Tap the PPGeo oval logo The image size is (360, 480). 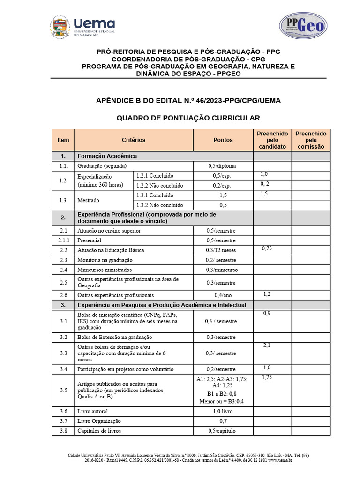pyautogui.click(x=303, y=25)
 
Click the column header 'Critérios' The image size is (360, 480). pyautogui.click(x=134, y=140)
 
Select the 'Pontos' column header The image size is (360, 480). pyautogui.click(x=223, y=140)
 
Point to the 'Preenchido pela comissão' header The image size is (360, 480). pyautogui.click(x=311, y=140)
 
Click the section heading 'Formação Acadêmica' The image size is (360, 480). pyautogui.click(x=107, y=156)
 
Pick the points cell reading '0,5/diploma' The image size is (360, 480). pyautogui.click(x=223, y=166)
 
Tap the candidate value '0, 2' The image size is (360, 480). pyautogui.click(x=265, y=184)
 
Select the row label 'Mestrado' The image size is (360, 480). pyautogui.click(x=88, y=200)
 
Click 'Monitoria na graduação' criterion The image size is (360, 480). pyautogui.click(x=105, y=260)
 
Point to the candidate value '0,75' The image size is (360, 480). pyautogui.click(x=267, y=248)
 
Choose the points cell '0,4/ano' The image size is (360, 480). pyautogui.click(x=223, y=295)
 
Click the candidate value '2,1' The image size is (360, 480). pyautogui.click(x=267, y=345)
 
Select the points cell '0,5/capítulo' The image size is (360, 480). pyautogui.click(x=223, y=431)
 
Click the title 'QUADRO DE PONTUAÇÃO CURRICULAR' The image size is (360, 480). pyautogui.click(x=188, y=118)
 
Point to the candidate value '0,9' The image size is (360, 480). pyautogui.click(x=267, y=313)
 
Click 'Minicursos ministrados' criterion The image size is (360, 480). pyautogui.click(x=105, y=270)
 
